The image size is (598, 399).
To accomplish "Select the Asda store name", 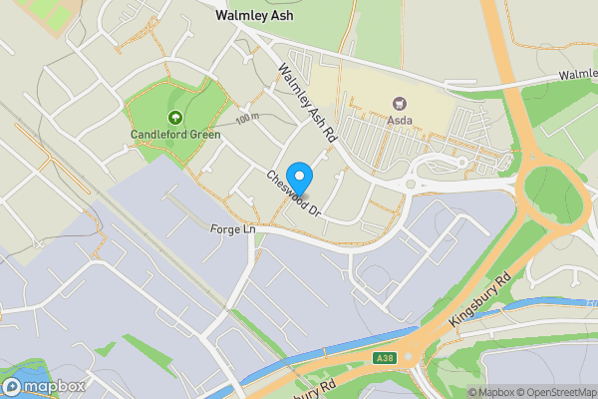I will [x=401, y=121].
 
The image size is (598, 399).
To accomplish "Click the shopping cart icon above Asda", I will [x=401, y=103].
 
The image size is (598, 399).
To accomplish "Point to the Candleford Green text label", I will [x=174, y=134].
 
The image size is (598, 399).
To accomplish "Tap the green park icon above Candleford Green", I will [x=174, y=118].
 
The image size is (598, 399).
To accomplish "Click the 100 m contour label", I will [x=246, y=119].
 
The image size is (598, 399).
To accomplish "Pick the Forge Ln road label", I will [x=234, y=229].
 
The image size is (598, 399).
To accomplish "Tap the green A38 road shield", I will [x=385, y=358].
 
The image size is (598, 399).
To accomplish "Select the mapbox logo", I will [x=41, y=386].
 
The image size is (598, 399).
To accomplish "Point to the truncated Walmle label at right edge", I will [x=577, y=75].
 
